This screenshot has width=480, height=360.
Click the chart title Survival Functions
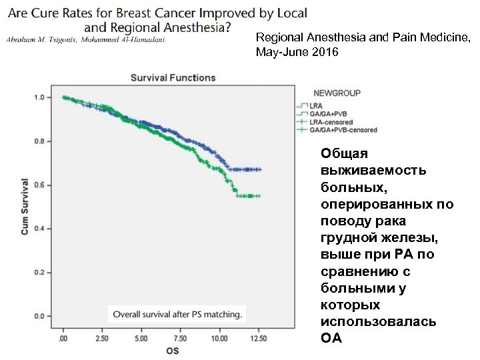pyautogui.click(x=172, y=77)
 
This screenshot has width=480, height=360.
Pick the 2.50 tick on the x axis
pyautogui.click(x=103, y=339)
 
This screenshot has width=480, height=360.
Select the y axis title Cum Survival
pyautogui.click(x=25, y=206)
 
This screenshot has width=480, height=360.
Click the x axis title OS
pyautogui.click(x=172, y=350)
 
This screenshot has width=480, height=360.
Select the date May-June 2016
pyautogui.click(x=297, y=52)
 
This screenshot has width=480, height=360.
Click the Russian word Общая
pyautogui.click(x=339, y=153)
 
